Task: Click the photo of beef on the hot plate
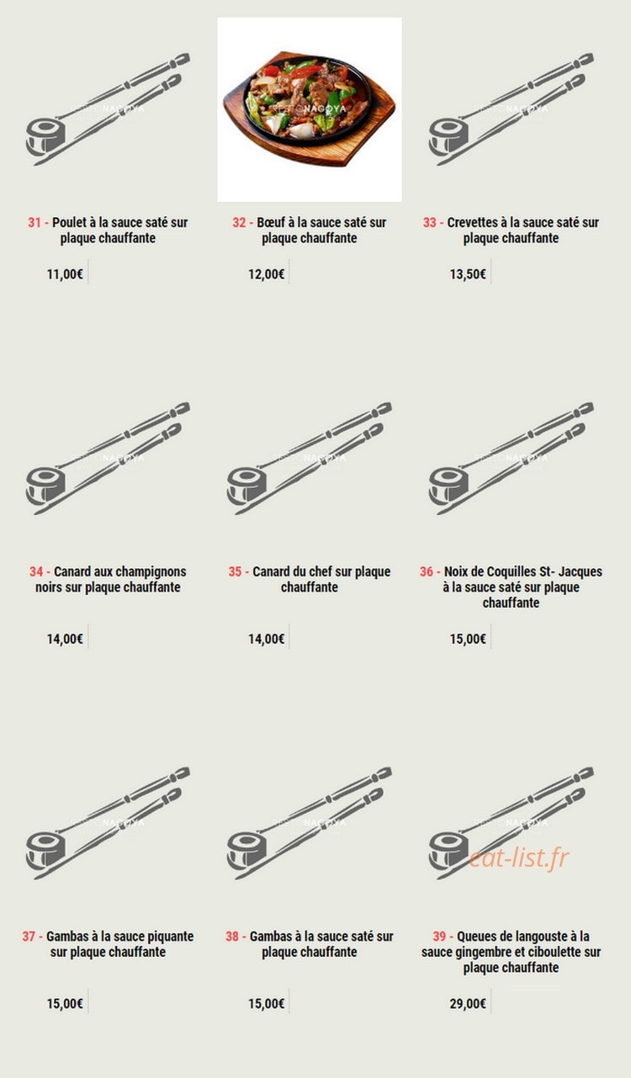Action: tap(309, 109)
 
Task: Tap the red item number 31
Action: tap(34, 222)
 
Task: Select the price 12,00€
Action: tap(266, 274)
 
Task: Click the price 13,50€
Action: tap(468, 274)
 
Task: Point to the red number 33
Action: tap(429, 222)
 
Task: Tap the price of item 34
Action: tap(65, 639)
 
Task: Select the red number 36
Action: tap(427, 571)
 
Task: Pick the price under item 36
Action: tap(468, 639)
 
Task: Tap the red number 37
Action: tap(29, 937)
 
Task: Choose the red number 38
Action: tap(232, 937)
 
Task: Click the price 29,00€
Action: tap(468, 1004)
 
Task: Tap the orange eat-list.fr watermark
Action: tap(519, 858)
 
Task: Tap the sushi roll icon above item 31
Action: tap(45, 137)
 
